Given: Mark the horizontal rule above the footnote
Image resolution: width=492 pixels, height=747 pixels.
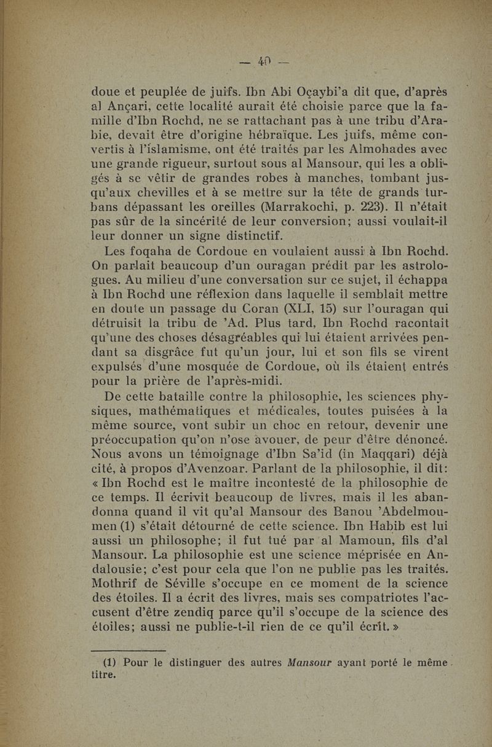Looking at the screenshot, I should click(x=129, y=651).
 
